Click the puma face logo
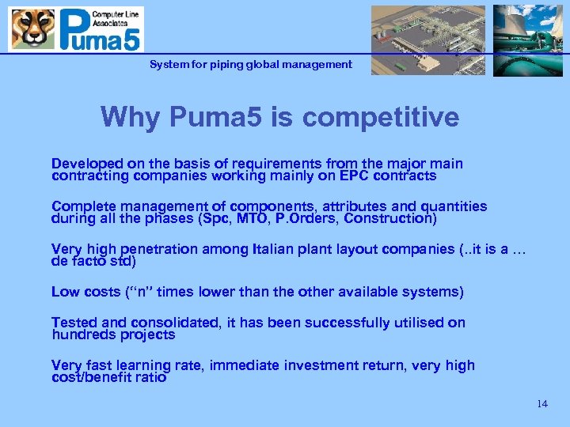coord(32,29)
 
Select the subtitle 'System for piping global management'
coord(251,64)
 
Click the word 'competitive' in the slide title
coord(381,118)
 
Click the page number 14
coord(541,404)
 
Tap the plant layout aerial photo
coord(428,40)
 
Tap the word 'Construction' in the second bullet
coord(392,218)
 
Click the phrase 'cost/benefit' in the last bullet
coord(89,377)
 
